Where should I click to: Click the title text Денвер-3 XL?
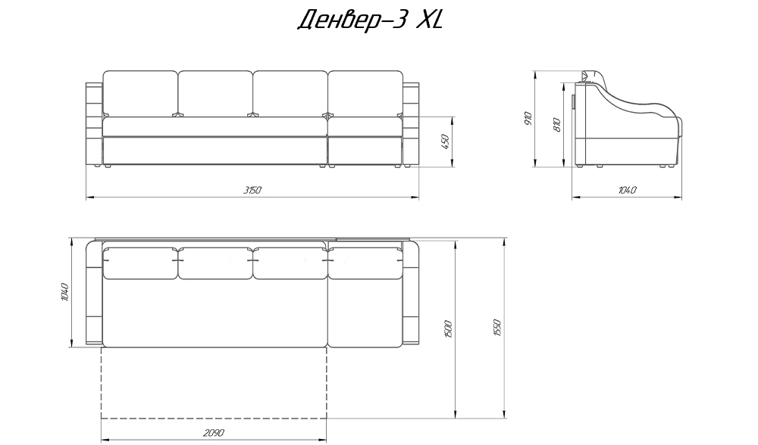[370, 20]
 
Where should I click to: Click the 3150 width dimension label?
[252, 190]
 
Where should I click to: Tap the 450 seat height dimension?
[445, 142]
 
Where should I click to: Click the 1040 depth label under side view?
[627, 190]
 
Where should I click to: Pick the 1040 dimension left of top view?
[65, 292]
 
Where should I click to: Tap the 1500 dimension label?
[448, 328]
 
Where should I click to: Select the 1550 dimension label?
[499, 328]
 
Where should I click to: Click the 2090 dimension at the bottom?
[213, 433]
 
